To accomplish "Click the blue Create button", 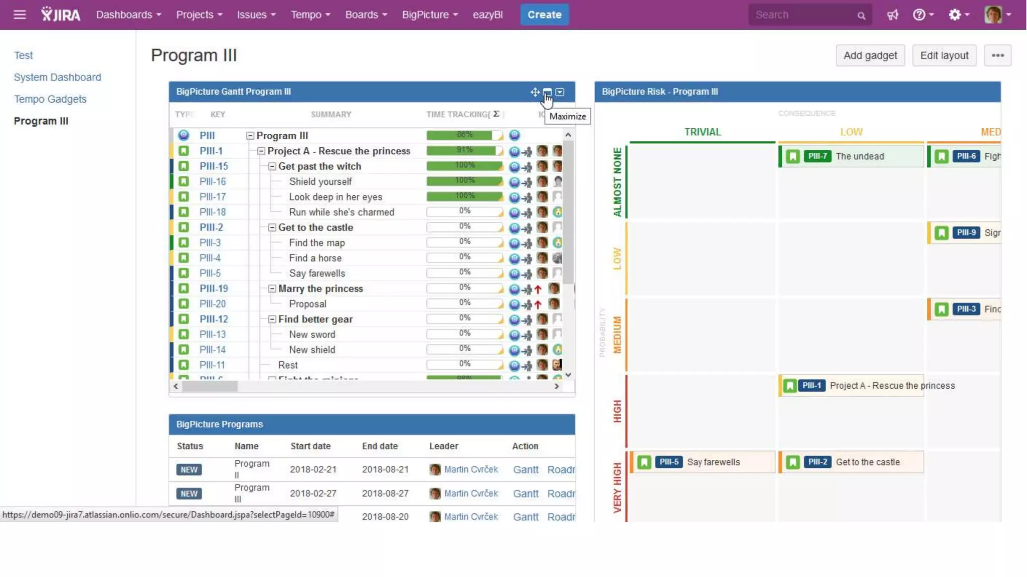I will click(544, 15).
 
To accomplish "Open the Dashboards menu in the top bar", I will click(128, 15).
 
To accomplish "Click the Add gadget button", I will click(870, 55).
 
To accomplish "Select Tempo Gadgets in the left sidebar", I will click(50, 99).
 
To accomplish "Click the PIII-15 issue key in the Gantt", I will click(214, 166).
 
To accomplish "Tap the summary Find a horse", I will click(315, 258).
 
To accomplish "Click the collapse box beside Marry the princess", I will click(272, 288).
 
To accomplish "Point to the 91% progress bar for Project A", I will click(464, 150).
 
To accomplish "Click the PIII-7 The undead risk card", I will click(851, 156).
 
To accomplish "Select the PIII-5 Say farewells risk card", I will click(702, 462).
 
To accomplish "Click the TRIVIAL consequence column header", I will click(702, 132).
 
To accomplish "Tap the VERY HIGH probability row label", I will click(617, 487).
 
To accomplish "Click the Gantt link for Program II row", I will click(526, 469).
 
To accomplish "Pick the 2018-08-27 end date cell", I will click(385, 493).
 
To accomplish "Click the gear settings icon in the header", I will click(954, 15).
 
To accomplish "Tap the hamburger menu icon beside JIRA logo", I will click(20, 15).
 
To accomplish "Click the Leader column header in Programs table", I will click(443, 446).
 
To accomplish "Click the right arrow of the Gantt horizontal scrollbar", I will click(557, 386).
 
